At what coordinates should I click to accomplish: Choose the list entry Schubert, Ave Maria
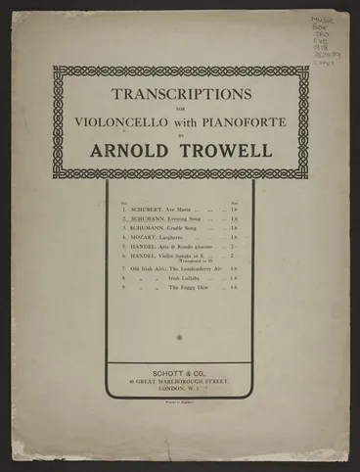coord(165,208)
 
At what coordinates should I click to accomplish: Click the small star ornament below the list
coord(180,337)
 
